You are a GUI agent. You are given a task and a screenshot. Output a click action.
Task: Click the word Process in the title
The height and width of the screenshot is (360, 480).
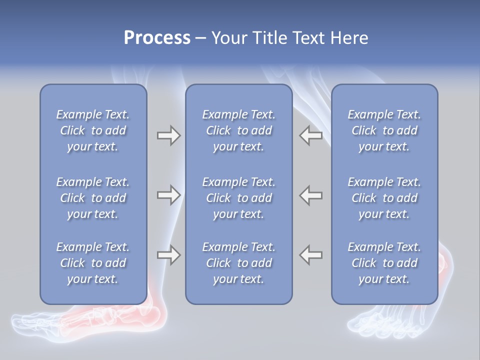(x=157, y=38)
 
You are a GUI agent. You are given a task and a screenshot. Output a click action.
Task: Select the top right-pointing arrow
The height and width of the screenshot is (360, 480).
(x=168, y=135)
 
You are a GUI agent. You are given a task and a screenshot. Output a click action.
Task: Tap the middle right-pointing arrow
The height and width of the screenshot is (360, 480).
(x=168, y=195)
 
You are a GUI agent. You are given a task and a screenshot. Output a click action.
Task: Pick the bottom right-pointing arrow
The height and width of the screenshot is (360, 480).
(x=168, y=255)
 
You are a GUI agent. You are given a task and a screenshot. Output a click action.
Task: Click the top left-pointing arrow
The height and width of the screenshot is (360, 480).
(x=311, y=135)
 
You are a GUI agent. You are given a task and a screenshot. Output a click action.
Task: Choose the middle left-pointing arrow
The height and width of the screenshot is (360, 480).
(x=311, y=195)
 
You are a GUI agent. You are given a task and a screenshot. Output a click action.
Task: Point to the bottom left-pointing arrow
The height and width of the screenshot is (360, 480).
(x=311, y=255)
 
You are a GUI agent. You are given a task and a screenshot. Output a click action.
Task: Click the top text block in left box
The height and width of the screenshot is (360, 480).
(x=93, y=130)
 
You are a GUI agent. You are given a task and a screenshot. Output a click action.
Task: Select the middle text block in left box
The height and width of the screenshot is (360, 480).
(x=93, y=198)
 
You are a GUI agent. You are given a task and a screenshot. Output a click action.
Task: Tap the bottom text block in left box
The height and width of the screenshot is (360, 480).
(x=93, y=263)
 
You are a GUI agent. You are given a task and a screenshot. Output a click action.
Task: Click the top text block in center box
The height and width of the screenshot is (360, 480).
(x=238, y=130)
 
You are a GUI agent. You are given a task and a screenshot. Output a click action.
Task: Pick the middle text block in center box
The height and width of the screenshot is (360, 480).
(x=238, y=198)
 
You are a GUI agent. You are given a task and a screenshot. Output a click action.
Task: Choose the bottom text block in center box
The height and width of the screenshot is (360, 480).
(x=238, y=263)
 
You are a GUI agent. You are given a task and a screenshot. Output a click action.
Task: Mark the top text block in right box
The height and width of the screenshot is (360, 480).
(x=384, y=130)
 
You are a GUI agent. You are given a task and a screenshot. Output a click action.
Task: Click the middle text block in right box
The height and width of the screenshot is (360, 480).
(x=384, y=198)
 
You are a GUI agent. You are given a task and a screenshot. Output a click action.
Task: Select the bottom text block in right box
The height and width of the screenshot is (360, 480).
(x=384, y=263)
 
